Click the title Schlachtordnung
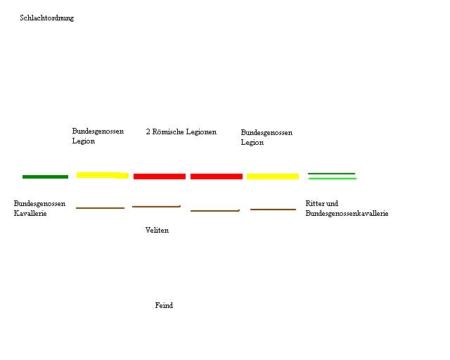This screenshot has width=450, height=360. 46,18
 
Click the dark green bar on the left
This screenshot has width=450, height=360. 45,176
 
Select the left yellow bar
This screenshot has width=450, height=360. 102,175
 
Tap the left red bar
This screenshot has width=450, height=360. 160,176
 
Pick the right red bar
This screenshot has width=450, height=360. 217,176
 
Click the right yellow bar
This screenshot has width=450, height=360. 272,176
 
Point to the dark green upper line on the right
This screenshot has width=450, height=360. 331,173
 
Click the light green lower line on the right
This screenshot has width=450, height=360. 332,179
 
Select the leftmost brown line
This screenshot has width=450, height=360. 100,208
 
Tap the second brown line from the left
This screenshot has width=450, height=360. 156,207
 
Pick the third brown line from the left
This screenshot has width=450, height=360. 215,210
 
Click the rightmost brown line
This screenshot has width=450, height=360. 273,210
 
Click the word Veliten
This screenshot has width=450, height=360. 157,231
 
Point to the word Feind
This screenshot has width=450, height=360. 164,306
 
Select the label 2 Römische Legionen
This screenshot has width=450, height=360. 181,132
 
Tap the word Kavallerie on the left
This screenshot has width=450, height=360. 30,214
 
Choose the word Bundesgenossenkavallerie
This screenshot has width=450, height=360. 347,214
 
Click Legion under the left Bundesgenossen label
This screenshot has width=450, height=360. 83,141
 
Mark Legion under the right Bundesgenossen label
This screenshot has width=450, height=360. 252,143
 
